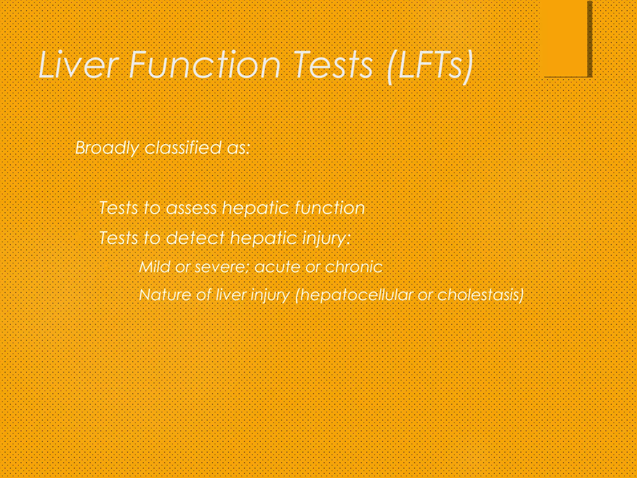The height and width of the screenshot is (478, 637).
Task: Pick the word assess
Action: coord(191,208)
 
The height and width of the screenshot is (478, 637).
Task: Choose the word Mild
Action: coord(155,267)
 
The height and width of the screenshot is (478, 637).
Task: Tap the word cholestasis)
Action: coord(481,294)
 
